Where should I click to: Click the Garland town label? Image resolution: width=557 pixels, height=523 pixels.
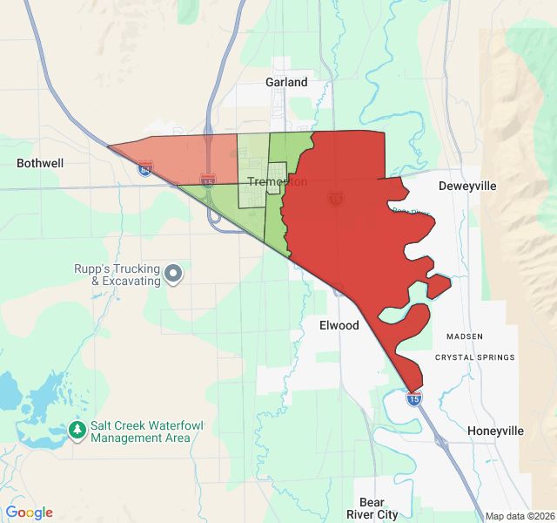(286, 82)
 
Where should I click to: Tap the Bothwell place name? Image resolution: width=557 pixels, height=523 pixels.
(39, 163)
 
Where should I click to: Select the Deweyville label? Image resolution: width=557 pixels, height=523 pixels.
(466, 187)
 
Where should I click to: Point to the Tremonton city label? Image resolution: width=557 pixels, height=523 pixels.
(277, 181)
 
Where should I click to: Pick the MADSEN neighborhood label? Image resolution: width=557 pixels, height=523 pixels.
(463, 336)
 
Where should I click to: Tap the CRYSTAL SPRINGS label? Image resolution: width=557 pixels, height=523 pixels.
(474, 357)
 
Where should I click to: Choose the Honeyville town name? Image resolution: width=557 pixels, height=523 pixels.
(495, 431)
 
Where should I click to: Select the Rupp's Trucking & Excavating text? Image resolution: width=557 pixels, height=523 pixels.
(117, 275)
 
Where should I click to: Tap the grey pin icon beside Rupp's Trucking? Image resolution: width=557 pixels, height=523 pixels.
(174, 275)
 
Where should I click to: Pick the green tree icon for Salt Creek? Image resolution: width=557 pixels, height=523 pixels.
(78, 431)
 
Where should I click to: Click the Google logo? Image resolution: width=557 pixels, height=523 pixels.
(30, 513)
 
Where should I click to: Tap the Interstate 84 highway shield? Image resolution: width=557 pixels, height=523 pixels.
(145, 168)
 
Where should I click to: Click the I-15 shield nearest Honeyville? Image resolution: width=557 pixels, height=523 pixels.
(414, 398)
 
